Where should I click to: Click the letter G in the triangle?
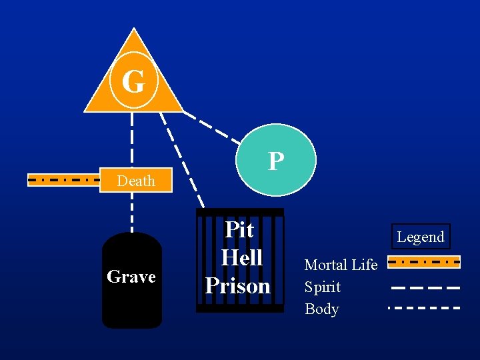click(x=133, y=82)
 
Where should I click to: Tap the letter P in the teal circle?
click(x=275, y=161)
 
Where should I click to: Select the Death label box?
click(x=136, y=181)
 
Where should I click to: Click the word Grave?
click(x=131, y=276)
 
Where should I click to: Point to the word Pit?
click(x=239, y=229)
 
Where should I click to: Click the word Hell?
click(x=241, y=257)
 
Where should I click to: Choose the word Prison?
click(x=238, y=285)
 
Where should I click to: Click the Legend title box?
click(x=421, y=237)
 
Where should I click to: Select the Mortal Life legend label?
click(x=341, y=265)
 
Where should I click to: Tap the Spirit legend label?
click(x=323, y=287)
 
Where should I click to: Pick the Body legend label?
click(x=322, y=309)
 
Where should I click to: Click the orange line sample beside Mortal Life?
click(x=424, y=262)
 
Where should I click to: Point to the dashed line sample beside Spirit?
click(x=424, y=287)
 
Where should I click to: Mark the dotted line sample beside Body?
click(x=424, y=308)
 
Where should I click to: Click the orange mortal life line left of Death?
click(x=63, y=179)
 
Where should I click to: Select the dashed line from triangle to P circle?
click(x=212, y=128)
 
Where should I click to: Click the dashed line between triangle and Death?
click(x=132, y=140)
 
